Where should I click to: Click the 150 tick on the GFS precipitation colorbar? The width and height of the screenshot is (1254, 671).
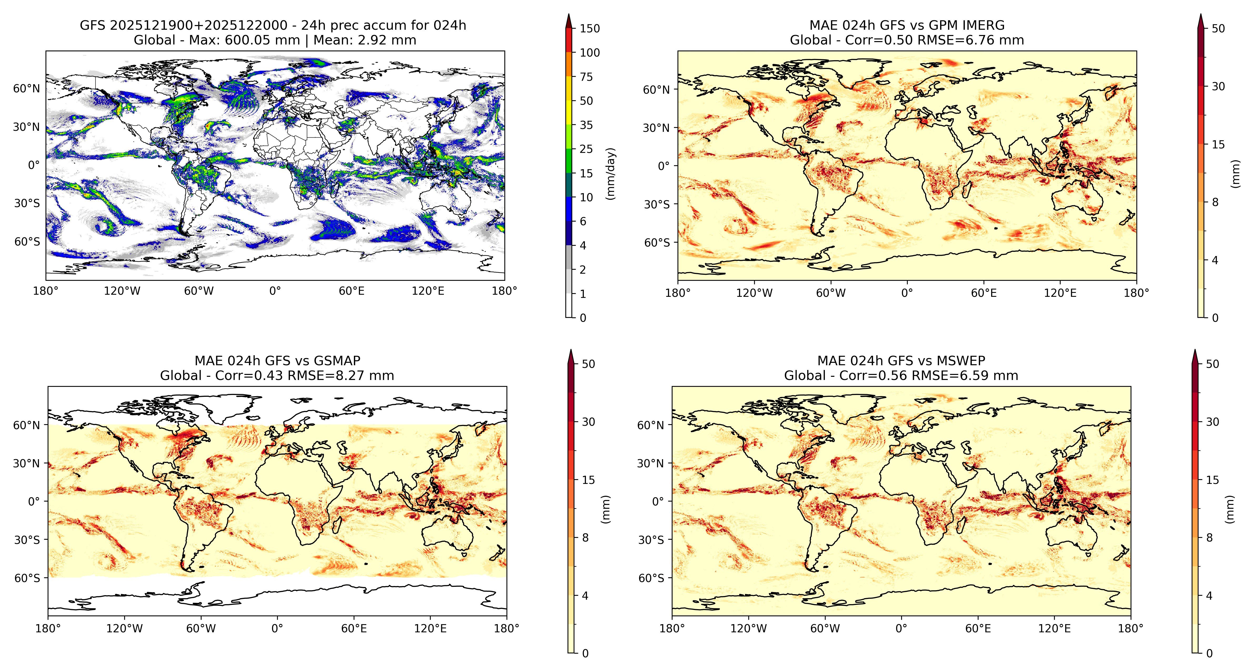590,28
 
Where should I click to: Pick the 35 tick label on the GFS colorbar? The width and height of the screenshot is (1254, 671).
586,125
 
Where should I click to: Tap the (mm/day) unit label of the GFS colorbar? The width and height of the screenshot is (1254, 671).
610,174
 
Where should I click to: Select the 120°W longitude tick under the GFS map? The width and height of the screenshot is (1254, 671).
122,291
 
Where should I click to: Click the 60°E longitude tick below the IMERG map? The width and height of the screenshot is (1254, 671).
984,293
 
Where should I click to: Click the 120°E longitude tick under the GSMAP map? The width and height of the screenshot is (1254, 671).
430,629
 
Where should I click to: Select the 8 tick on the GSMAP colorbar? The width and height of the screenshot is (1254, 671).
585,538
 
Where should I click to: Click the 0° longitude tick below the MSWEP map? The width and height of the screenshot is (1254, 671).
901,629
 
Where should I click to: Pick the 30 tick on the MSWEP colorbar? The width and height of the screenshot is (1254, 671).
1212,422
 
